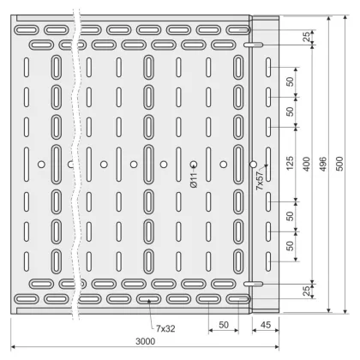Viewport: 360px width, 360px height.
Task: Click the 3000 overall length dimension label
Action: [145, 341]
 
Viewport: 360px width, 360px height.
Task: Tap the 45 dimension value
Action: [266, 325]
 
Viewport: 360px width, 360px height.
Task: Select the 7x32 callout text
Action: [165, 328]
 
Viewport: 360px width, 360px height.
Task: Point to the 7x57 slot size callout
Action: [260, 181]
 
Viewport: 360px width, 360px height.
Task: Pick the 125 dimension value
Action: [290, 163]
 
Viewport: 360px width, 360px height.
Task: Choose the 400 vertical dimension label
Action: [307, 164]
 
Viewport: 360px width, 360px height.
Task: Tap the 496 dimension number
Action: [323, 164]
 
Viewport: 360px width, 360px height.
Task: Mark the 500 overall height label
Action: [339, 164]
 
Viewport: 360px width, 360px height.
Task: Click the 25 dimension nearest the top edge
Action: [306, 37]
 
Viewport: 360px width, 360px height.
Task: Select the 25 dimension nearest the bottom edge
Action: [306, 291]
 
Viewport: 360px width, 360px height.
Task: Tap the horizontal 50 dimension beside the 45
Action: [224, 325]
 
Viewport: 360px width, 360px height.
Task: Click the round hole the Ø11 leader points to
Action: [194, 165]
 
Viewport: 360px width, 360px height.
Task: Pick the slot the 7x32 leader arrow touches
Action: [148, 299]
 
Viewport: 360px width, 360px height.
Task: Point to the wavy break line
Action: [75, 165]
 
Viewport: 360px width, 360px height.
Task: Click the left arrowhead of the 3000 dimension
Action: [13, 347]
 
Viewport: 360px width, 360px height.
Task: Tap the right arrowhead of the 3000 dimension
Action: [277, 347]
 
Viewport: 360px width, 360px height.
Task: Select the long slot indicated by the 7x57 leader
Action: [268, 165]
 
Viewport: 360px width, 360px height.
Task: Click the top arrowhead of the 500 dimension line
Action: [345, 17]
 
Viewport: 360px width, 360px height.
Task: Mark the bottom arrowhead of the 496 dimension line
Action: [329, 311]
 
